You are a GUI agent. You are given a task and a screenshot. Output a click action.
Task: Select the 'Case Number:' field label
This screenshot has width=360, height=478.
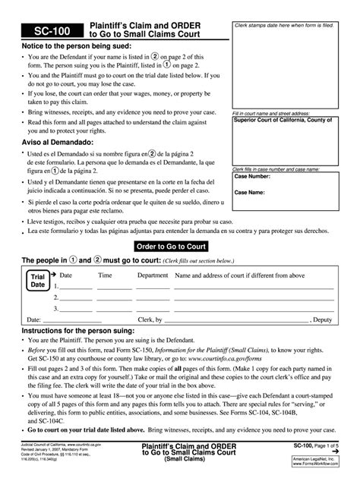pyautogui.click(x=252, y=176)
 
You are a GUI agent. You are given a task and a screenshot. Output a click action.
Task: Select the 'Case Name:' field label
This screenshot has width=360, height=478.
pyautogui.click(x=250, y=192)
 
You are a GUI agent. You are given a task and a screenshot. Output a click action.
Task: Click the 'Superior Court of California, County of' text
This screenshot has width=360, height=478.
pyautogui.click(x=283, y=121)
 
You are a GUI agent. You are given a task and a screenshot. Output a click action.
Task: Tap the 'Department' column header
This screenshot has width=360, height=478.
pyautogui.click(x=153, y=275)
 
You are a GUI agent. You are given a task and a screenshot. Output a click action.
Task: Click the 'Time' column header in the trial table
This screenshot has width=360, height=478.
pyautogui.click(x=105, y=275)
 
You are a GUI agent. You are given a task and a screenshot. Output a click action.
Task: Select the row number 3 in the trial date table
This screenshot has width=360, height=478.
pyautogui.click(x=55, y=309)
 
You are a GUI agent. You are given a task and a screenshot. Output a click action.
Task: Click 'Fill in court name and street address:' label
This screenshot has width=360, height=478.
pyautogui.click(x=270, y=113)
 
